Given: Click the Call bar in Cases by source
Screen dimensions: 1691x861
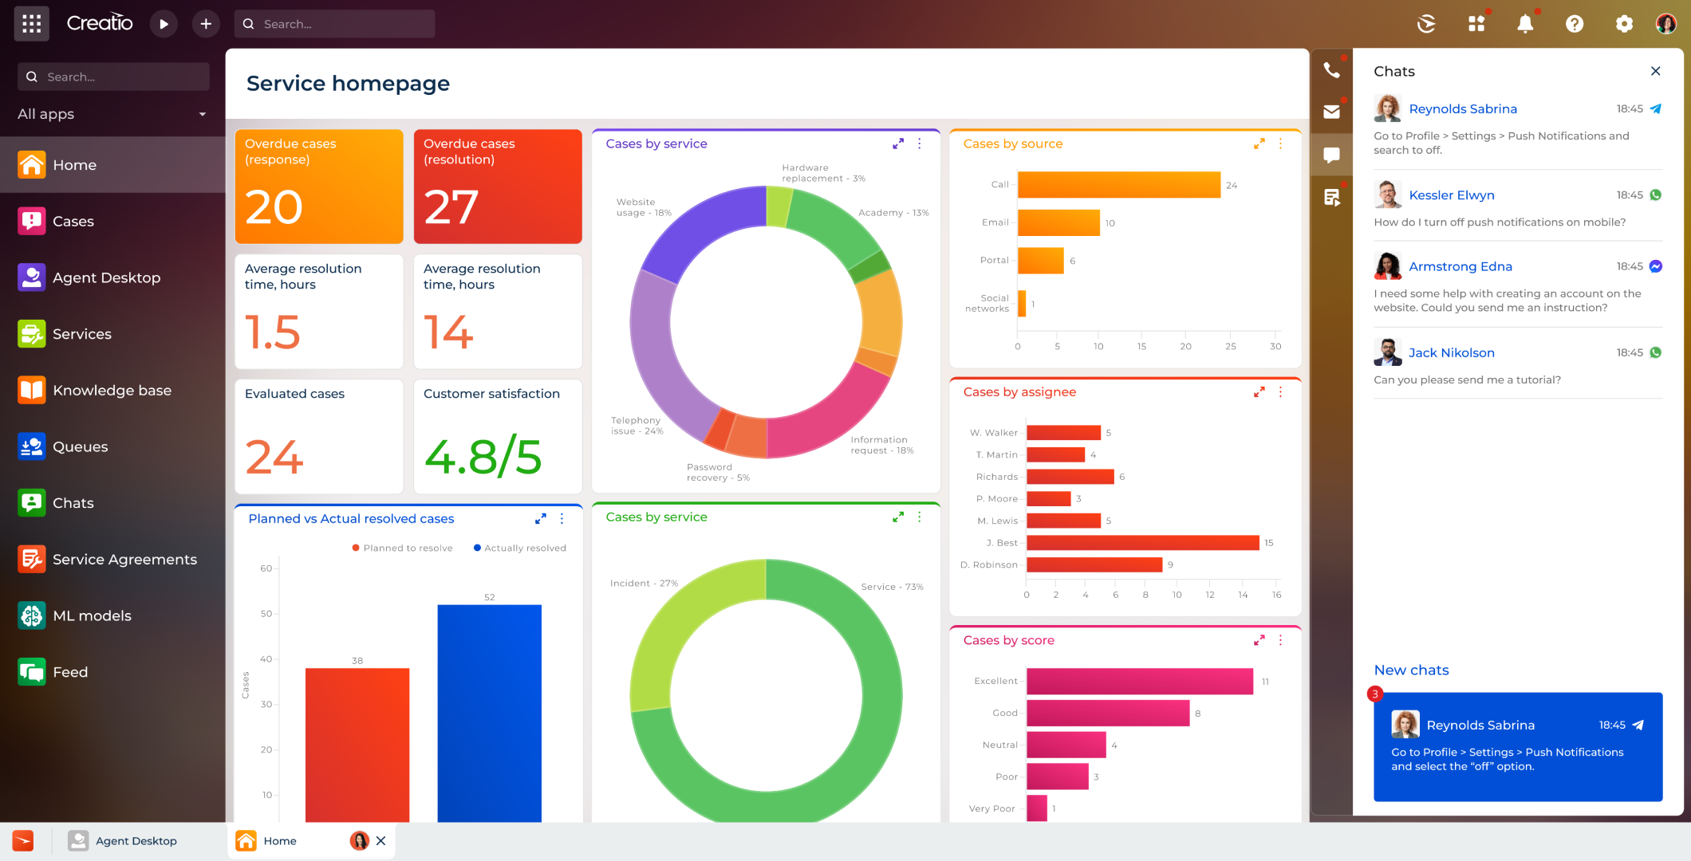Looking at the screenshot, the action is (1119, 184).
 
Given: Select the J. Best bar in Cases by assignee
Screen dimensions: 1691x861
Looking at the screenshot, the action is (1142, 543).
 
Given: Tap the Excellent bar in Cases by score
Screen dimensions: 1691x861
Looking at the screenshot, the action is (1140, 681).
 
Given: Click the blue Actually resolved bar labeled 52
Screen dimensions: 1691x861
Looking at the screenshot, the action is (489, 713).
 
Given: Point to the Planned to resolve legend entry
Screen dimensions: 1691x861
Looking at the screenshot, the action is (403, 548).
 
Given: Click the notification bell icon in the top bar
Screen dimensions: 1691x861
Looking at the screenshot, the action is (1525, 24).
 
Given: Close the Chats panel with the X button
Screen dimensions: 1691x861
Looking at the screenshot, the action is (1656, 71).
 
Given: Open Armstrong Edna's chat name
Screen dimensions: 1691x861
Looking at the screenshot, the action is (1460, 266).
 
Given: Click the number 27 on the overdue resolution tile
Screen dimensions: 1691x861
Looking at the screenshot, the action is (451, 206).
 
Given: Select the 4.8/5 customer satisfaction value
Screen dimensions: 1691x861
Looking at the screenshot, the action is (483, 457).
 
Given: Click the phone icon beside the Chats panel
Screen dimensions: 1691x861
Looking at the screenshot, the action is (1331, 70).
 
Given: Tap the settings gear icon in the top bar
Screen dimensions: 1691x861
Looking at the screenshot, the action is (1624, 24).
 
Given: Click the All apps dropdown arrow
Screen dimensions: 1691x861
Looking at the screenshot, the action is (203, 114).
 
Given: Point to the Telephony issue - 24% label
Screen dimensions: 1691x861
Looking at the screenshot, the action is (637, 426).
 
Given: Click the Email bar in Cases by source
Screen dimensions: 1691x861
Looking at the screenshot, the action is (1059, 222).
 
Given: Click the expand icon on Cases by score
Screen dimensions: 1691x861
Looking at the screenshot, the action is (1259, 640).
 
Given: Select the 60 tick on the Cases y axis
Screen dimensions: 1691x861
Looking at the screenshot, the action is (266, 568).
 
